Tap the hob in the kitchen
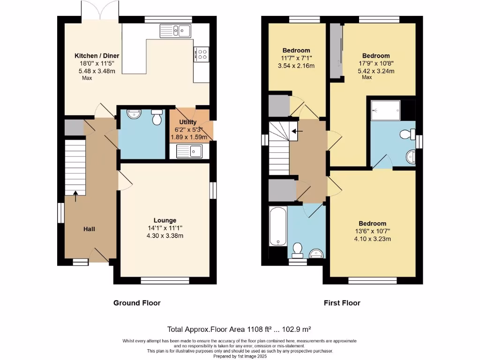[202, 54]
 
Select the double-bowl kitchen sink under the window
[175, 31]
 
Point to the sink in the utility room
[189, 151]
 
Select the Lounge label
[165, 220]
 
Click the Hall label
[89, 229]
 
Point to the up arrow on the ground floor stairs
[75, 195]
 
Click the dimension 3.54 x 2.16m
[296, 66]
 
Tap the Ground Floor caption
[137, 303]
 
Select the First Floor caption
[342, 303]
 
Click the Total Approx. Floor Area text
[240, 329]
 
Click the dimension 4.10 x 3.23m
[373, 239]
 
